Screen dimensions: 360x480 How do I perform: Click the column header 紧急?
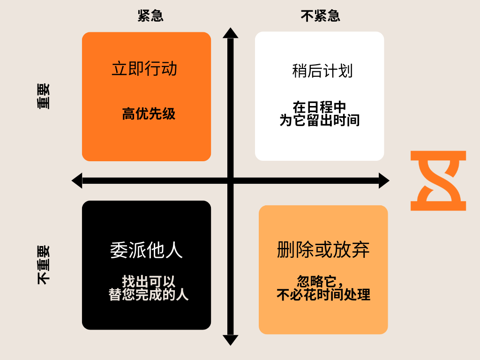(x=150, y=16)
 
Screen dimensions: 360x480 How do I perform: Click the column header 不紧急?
(x=320, y=16)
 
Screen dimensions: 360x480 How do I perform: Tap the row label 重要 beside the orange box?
(x=44, y=97)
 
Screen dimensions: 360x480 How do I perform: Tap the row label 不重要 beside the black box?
(x=44, y=265)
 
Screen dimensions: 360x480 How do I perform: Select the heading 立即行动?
(x=144, y=69)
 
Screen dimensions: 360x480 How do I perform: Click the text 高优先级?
(x=149, y=114)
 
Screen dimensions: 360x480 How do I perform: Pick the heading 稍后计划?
(x=322, y=71)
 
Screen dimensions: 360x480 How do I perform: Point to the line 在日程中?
(x=319, y=107)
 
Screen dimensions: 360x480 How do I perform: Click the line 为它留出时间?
(x=319, y=120)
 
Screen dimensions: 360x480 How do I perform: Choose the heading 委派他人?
(x=146, y=250)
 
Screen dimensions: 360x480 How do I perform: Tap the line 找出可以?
(x=149, y=282)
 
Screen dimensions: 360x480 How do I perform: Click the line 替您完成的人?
(x=149, y=295)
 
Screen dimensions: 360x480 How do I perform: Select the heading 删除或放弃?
(x=323, y=250)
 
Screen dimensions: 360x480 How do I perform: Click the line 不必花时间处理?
(x=323, y=295)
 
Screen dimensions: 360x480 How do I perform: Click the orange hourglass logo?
(x=438, y=180)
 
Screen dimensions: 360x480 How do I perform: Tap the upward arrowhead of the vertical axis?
(x=230, y=33)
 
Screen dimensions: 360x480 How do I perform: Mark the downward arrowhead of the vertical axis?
(x=230, y=340)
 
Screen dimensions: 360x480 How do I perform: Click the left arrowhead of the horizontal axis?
(x=77, y=180)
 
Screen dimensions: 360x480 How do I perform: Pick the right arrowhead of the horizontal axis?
(x=384, y=180)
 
